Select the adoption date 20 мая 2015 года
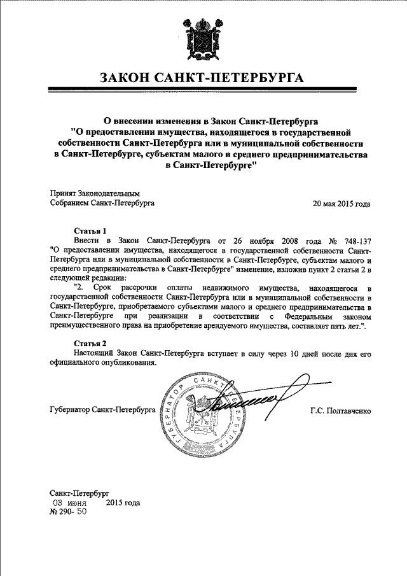tap(341, 204)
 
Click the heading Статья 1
tap(87, 230)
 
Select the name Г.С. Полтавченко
tap(340, 411)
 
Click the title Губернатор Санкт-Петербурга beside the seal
tap(102, 411)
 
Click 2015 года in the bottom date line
tap(123, 502)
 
